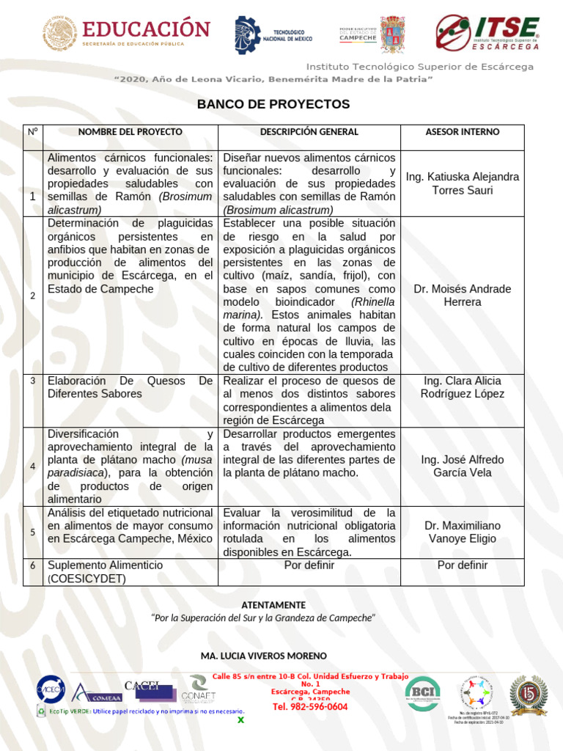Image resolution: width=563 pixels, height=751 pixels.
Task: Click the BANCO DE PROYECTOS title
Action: click(x=273, y=104)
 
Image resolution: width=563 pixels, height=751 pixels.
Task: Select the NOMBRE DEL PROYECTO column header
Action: click(x=130, y=132)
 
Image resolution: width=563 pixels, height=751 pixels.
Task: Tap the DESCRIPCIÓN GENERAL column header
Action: click(x=309, y=132)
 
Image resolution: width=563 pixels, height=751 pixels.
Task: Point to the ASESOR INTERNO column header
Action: click(x=462, y=132)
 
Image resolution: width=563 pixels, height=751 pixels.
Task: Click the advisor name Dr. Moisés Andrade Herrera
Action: click(x=462, y=296)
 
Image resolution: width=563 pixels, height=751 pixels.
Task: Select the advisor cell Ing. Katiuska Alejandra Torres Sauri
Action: click(x=462, y=183)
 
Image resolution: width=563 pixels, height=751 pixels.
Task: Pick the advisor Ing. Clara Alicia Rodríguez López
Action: click(x=462, y=387)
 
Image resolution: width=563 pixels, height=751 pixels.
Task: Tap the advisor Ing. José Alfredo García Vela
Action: click(x=462, y=466)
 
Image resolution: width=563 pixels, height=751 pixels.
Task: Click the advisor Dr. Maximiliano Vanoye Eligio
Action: click(x=462, y=532)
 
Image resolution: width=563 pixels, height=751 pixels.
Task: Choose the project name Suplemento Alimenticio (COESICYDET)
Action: click(x=105, y=572)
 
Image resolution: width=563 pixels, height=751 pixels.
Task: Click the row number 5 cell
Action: click(x=32, y=532)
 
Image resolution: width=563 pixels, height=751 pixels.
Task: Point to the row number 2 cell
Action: click(x=32, y=296)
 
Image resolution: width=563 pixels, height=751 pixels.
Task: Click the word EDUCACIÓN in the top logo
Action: click(x=147, y=29)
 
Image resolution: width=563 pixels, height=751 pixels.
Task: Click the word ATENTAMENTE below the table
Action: click(x=273, y=605)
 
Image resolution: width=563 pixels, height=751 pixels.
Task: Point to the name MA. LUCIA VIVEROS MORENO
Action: click(x=263, y=655)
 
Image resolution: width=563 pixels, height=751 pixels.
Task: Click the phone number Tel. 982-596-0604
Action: click(x=310, y=707)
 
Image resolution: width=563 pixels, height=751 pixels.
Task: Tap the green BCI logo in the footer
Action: click(x=423, y=694)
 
